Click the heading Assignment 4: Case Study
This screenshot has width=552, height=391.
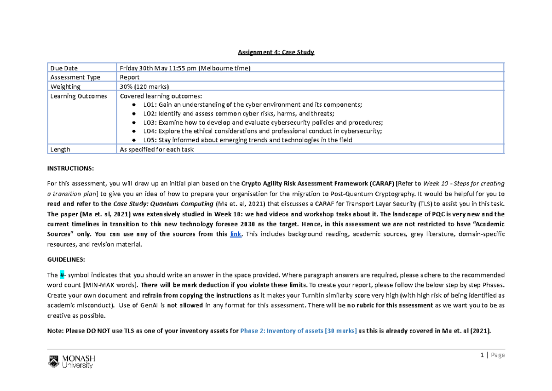coord(276,52)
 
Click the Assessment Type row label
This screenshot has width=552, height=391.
coord(75,77)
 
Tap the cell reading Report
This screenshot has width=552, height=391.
coord(130,77)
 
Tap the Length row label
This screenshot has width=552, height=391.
coord(60,149)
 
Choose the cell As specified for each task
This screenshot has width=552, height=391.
coord(156,149)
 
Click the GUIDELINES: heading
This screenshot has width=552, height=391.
coord(66,259)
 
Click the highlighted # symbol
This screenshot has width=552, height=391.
coord(62,275)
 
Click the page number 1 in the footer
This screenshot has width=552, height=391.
coord(482,355)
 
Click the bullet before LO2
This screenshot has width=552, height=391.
coord(134,114)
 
